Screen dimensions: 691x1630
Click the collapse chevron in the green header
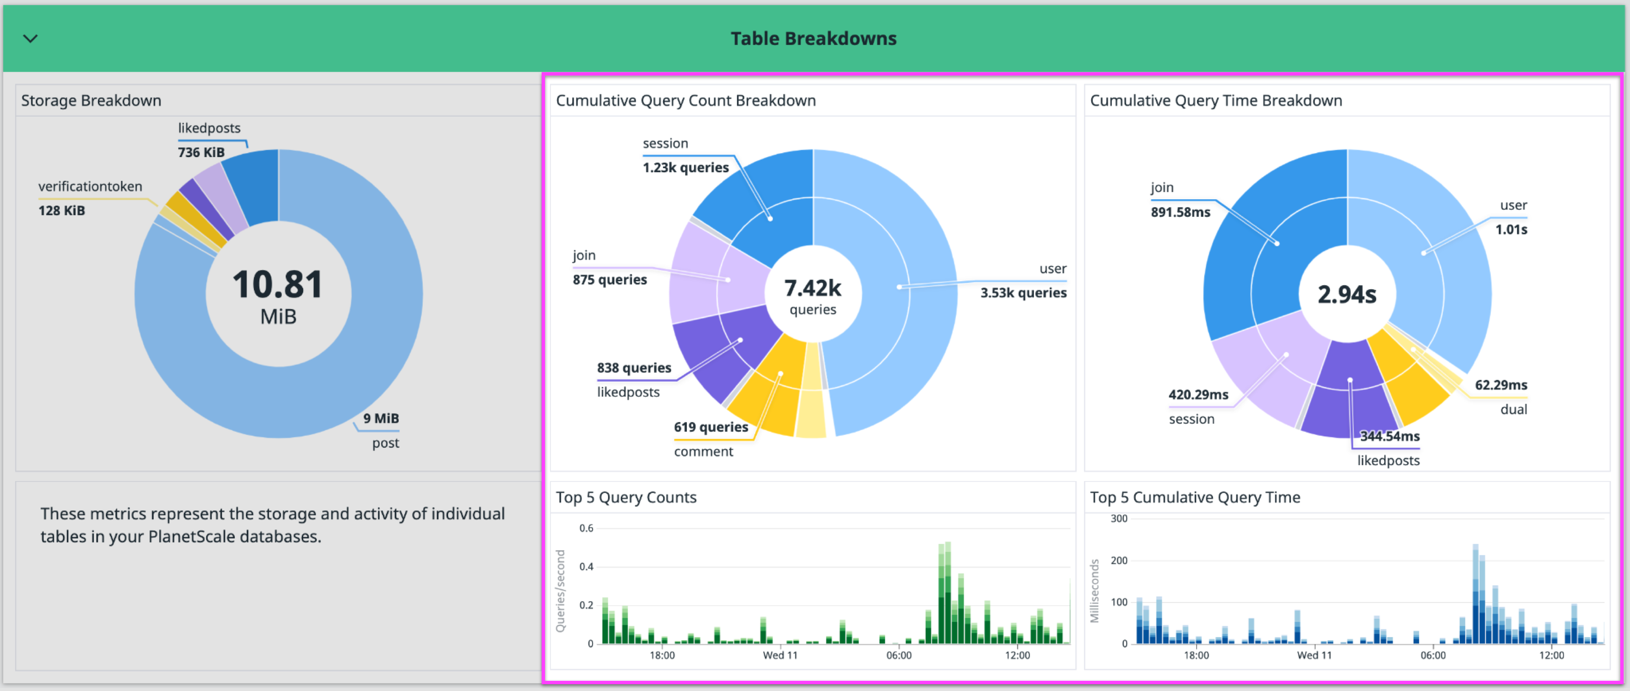pyautogui.click(x=31, y=39)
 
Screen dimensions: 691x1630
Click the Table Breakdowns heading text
pyautogui.click(x=813, y=39)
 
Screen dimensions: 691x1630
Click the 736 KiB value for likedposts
pyautogui.click(x=201, y=152)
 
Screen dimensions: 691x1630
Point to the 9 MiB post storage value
pyautogui.click(x=381, y=418)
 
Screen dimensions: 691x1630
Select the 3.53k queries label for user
pyautogui.click(x=1023, y=293)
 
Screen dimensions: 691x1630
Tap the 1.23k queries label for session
pyautogui.click(x=685, y=168)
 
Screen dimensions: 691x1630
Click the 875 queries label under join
pyautogui.click(x=610, y=280)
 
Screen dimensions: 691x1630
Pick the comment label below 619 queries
pyautogui.click(x=703, y=452)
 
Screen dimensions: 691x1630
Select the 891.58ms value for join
pyautogui.click(x=1180, y=212)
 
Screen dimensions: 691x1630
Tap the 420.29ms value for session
pyautogui.click(x=1198, y=395)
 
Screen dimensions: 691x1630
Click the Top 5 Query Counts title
pyautogui.click(x=626, y=497)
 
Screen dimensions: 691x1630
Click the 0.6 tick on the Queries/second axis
pyautogui.click(x=586, y=528)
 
